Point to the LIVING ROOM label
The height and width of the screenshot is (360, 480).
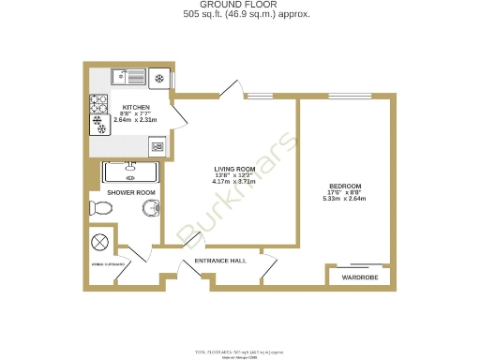(x=233, y=170)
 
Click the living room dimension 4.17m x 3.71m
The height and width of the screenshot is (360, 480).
(x=233, y=182)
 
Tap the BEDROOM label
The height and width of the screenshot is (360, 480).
(x=344, y=186)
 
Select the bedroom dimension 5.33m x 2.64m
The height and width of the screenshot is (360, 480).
(x=344, y=198)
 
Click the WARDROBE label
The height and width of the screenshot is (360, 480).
(x=358, y=278)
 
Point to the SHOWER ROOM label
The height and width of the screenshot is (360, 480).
(x=130, y=193)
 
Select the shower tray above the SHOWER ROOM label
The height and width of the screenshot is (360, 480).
(x=131, y=172)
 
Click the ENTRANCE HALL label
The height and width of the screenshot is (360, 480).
(x=219, y=260)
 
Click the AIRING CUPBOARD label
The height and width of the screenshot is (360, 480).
(x=109, y=265)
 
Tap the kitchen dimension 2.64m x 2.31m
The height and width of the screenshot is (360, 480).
(x=131, y=120)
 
